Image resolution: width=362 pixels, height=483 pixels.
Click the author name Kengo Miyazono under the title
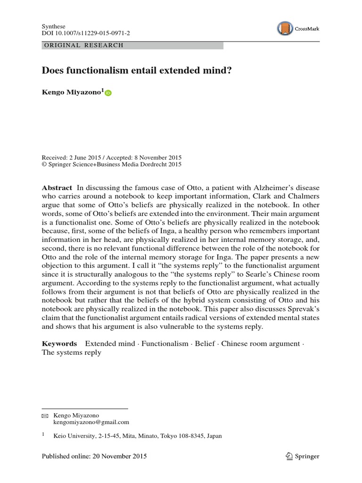click(x=72, y=93)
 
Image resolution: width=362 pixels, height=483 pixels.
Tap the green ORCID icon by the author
click(x=108, y=93)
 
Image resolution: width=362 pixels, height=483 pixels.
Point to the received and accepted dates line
click(x=112, y=158)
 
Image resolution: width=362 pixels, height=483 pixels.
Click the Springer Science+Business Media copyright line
click(x=112, y=165)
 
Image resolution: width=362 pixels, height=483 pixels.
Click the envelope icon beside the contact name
click(x=45, y=416)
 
